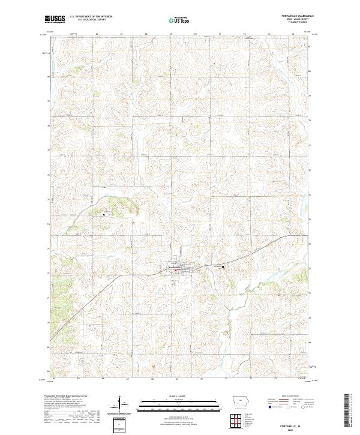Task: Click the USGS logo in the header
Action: [x=55, y=20]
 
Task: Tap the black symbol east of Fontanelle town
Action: [x=224, y=267]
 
